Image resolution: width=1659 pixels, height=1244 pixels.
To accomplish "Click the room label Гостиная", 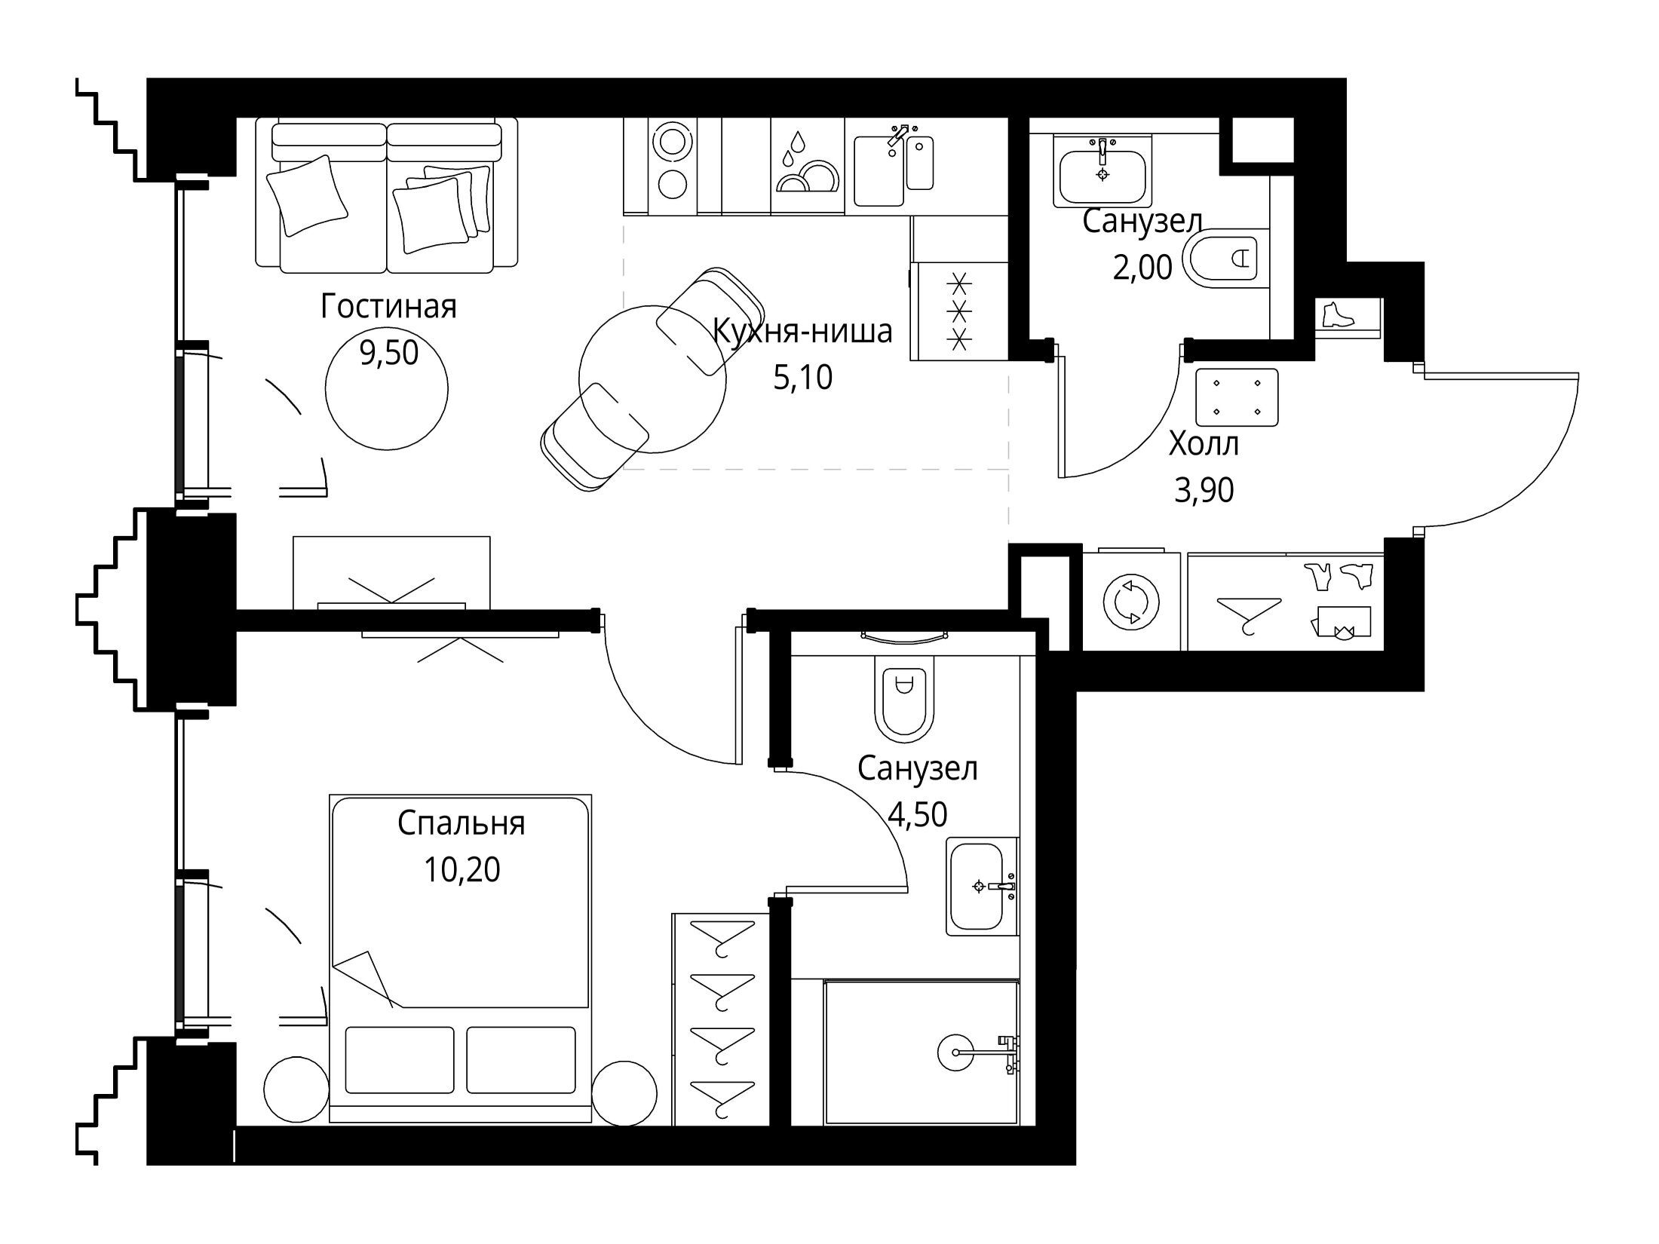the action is tap(388, 308).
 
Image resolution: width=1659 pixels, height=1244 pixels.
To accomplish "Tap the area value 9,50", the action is tap(388, 353).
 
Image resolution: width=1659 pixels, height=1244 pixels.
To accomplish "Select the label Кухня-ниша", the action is tap(802, 332).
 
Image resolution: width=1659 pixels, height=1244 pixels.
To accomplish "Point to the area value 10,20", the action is tap(462, 870).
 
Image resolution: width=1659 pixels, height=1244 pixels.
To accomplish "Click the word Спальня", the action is tap(462, 824).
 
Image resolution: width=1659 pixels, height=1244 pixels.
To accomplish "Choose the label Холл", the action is tap(1204, 445).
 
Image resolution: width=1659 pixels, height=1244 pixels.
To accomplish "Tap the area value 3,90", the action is tap(1204, 491).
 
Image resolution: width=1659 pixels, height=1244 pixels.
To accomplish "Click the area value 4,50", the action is tap(918, 814).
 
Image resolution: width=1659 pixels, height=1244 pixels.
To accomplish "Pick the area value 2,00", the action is tap(1142, 268).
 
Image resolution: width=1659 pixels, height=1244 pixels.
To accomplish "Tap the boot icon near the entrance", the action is tap(1338, 315).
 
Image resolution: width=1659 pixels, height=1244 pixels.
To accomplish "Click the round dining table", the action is tap(652, 378).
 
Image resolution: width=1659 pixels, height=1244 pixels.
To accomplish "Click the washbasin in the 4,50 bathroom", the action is tap(981, 887).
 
